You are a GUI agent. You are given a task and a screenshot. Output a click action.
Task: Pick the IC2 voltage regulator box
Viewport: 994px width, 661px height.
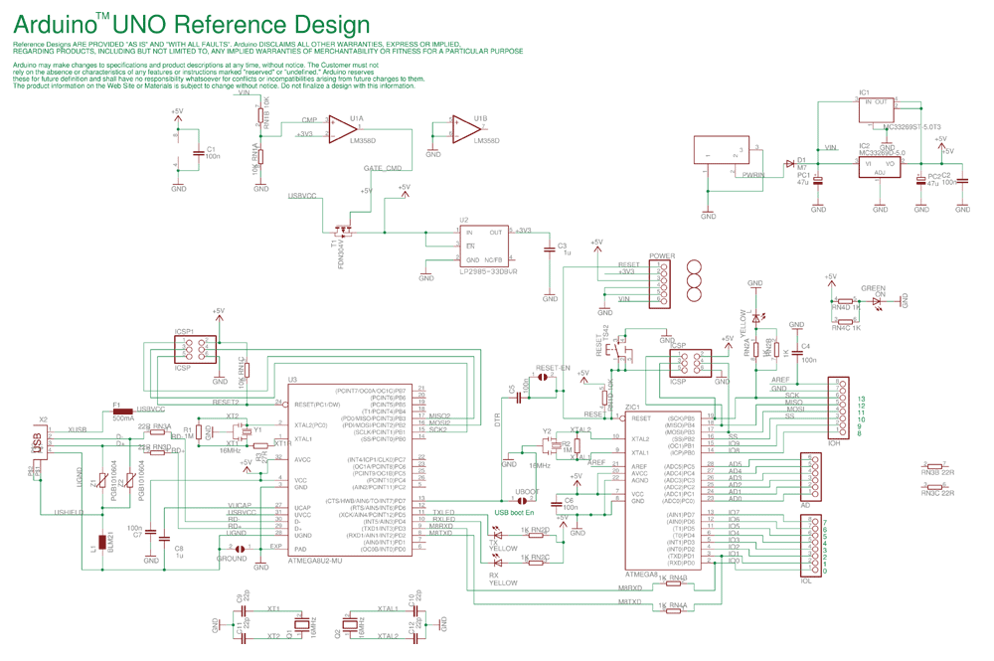point(880,165)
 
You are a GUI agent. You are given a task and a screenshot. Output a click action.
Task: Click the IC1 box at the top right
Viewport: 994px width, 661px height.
point(879,109)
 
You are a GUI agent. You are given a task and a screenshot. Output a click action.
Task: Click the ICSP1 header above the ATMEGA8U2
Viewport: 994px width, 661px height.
point(195,349)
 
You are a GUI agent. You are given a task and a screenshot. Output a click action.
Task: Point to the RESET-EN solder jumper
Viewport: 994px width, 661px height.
point(546,379)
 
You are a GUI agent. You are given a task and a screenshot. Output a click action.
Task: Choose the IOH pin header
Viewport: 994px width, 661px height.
point(841,408)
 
